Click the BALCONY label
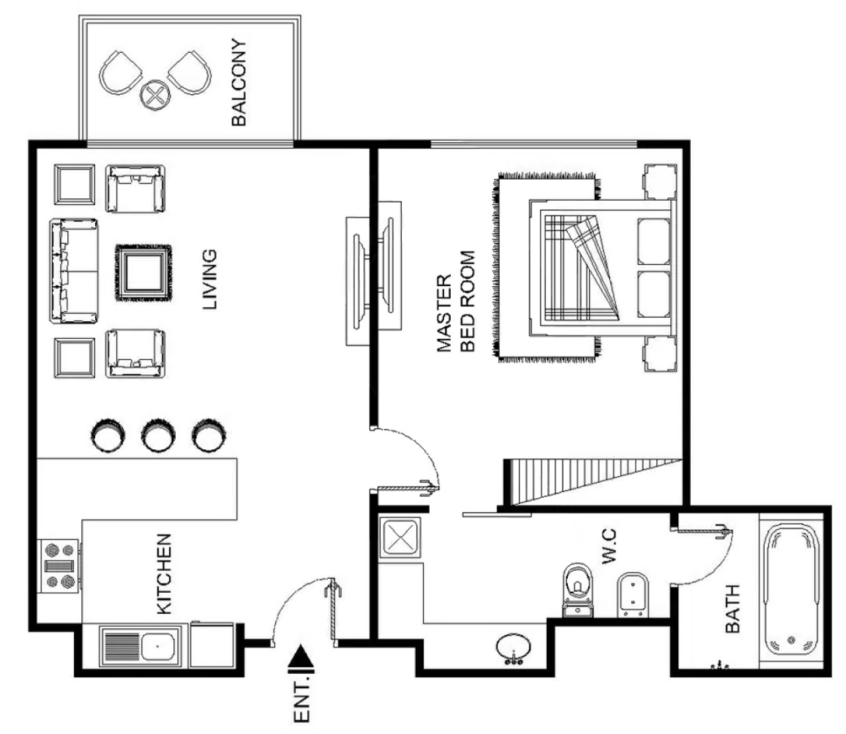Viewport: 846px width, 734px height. click(x=239, y=82)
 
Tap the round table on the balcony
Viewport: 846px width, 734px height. click(x=155, y=95)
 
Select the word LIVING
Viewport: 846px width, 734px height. click(x=210, y=279)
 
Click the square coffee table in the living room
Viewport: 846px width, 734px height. click(x=143, y=273)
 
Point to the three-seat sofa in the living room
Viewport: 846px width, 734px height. click(x=74, y=271)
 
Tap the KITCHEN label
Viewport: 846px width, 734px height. click(x=164, y=574)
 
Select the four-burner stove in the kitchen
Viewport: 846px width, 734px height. click(x=59, y=566)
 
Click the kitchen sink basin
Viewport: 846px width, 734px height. click(x=157, y=646)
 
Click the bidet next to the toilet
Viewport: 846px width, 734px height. click(x=632, y=595)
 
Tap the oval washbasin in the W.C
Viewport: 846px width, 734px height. click(x=514, y=647)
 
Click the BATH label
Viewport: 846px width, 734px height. click(x=733, y=608)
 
